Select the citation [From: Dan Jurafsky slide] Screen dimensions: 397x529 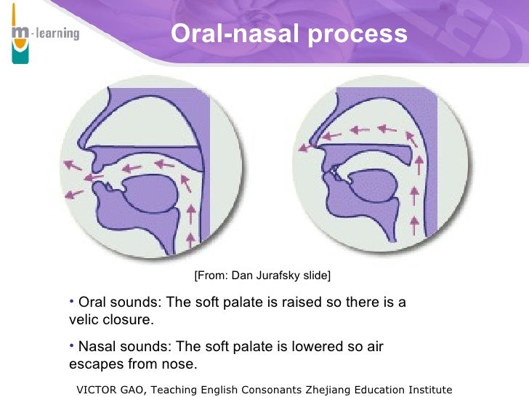tap(262, 276)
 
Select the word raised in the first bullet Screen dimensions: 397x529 tap(308, 302)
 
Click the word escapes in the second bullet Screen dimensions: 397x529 tap(93, 364)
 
